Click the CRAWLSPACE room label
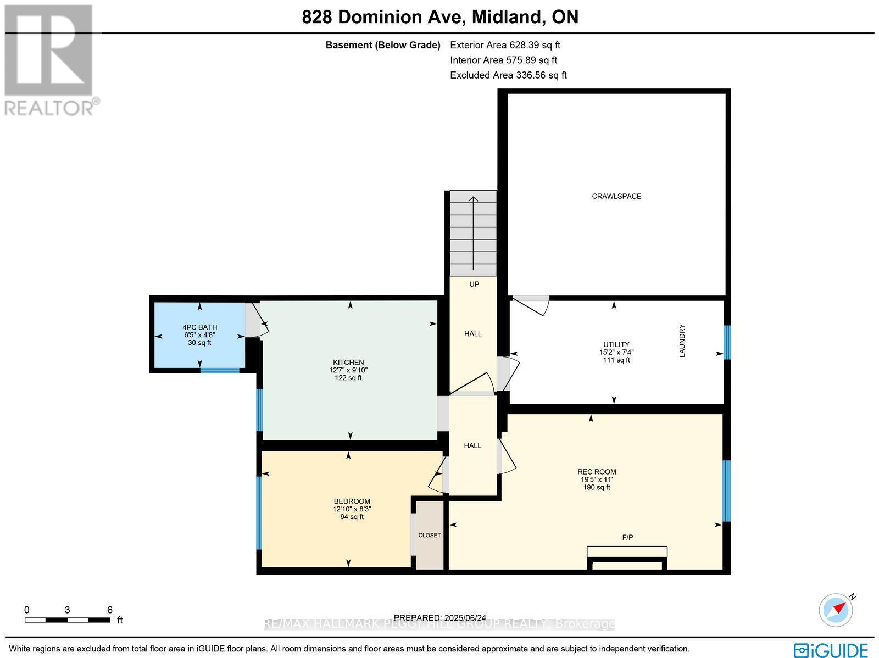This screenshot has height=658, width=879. [616, 196]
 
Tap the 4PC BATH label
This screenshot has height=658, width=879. [200, 327]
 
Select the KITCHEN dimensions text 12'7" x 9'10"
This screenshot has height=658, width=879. [348, 370]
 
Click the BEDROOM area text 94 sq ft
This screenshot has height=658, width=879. [352, 517]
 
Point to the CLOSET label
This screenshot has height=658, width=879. [430, 535]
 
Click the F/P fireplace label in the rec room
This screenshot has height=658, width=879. [627, 537]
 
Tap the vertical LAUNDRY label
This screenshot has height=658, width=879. [682, 341]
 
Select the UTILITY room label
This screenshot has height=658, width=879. [616, 344]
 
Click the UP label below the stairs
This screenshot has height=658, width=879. [474, 284]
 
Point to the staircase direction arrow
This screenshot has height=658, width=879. [473, 231]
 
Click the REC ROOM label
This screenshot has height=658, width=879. [597, 472]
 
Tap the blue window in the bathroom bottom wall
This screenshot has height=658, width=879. [220, 371]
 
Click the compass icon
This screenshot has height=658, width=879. [836, 610]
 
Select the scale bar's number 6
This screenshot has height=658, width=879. [110, 610]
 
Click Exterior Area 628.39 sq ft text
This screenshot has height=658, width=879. [505, 45]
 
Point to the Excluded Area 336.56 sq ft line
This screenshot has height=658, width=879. [508, 75]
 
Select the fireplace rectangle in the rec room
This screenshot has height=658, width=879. [627, 552]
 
